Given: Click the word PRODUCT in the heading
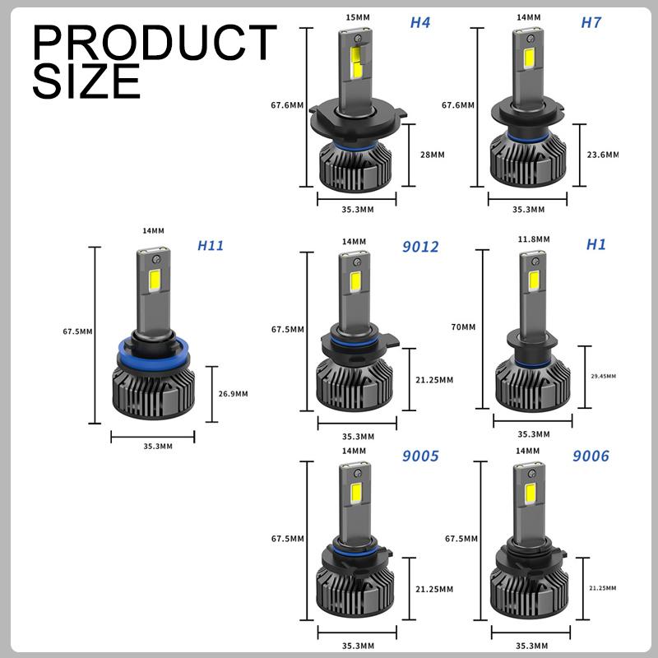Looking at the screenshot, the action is pos(155,43).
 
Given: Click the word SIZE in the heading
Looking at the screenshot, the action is pos(86,81).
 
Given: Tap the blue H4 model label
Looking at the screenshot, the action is pos(420,23).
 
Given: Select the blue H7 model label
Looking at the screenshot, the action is pos(591,23).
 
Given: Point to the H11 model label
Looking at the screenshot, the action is pos(211,245).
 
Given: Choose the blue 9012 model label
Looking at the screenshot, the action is pos(420,247).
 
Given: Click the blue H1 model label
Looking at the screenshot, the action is pos(595,244).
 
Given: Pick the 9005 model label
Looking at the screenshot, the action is pos(420,456).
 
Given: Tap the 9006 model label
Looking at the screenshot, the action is pos(591,456).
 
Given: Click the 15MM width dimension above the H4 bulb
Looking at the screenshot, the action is pos(358,17).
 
